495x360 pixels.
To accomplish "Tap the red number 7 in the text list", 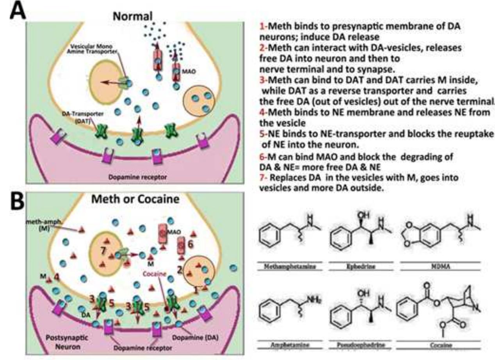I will coord(262,178).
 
